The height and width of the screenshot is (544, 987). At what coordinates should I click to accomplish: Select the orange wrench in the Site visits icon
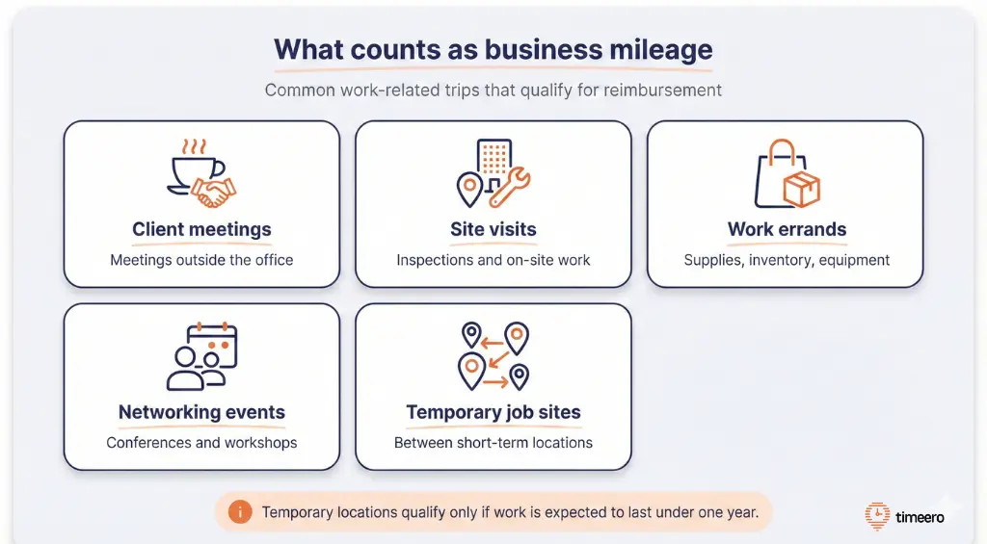509,188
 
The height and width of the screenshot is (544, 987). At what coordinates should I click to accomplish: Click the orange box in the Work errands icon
800,189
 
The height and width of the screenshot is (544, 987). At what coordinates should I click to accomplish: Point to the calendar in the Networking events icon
213,345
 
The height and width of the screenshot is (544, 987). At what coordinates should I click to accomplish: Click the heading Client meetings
201,229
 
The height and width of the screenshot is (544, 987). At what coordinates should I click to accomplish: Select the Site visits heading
493,229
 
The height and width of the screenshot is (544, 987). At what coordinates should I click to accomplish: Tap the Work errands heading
787,229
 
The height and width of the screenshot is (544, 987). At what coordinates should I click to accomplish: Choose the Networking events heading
201,412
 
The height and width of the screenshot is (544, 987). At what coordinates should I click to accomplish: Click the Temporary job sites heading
493,412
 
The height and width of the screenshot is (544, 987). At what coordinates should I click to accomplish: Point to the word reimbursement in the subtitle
663,91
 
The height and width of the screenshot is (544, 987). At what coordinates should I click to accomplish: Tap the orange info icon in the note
240,512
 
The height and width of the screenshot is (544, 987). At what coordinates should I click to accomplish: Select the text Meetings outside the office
201,260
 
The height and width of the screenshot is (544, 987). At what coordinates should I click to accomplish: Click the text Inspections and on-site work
493,260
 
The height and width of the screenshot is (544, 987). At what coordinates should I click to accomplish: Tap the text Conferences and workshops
201,443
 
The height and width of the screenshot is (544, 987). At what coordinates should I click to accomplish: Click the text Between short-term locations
493,443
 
